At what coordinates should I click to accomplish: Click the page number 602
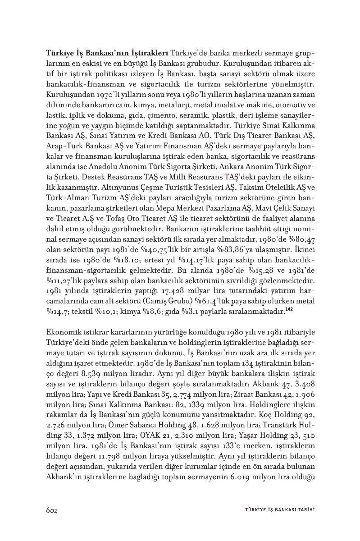53,510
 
